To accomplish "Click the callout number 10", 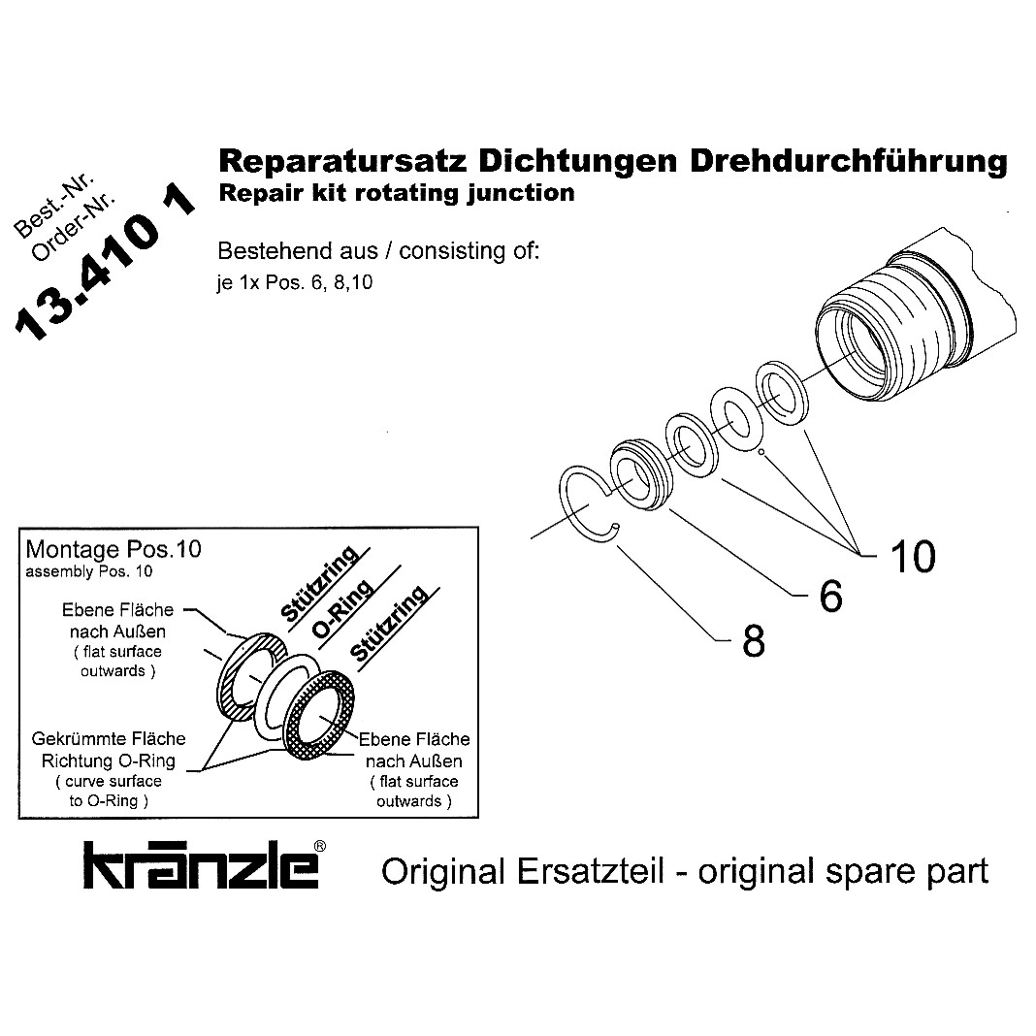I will (912, 557).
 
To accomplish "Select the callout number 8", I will (754, 641).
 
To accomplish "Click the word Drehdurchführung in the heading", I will (848, 160).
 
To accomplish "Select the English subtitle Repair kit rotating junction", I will (397, 192).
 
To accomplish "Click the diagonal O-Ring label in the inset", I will (342, 611).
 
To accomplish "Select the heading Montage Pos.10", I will (113, 549).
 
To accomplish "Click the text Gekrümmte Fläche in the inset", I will (109, 739).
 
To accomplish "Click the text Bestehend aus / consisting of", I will (377, 251).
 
